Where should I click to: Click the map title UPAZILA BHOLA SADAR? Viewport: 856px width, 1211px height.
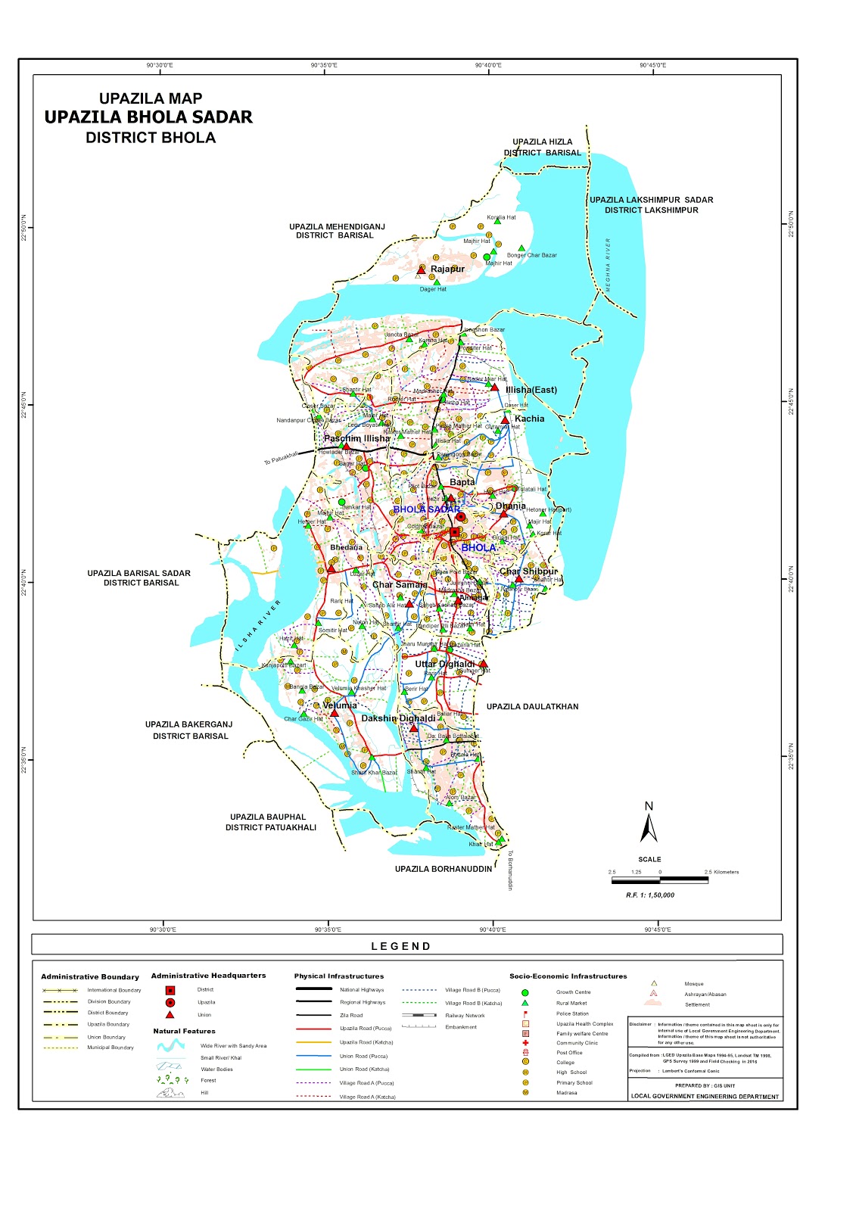point(148,117)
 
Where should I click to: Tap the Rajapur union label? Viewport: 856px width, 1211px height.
point(447,269)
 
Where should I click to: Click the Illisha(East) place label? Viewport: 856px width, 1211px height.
point(531,390)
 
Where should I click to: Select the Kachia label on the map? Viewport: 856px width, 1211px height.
point(529,419)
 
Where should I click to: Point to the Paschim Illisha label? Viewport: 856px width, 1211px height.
point(356,438)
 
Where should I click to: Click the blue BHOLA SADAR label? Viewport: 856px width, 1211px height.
point(426,509)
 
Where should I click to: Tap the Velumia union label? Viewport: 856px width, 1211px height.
point(339,705)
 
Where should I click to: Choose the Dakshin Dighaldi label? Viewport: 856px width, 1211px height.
point(398,718)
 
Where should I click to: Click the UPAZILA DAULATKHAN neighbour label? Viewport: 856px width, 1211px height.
point(532,707)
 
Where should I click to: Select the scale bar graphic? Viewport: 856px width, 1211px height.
point(659,880)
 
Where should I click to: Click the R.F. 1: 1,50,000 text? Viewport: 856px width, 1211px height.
point(649,895)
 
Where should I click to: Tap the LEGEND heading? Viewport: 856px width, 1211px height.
point(401,946)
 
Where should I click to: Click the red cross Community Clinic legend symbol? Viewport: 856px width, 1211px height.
point(525,1043)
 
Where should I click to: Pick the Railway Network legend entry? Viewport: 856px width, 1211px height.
point(465,1016)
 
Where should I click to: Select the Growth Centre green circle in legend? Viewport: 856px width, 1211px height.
point(525,992)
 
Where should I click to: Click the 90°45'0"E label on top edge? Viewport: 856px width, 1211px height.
point(652,65)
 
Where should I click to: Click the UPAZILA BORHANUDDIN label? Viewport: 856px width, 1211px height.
point(443,869)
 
